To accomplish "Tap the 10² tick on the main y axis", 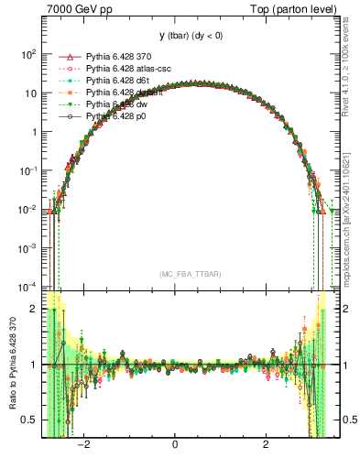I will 28,54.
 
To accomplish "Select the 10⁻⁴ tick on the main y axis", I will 28,286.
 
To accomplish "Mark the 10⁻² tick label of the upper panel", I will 28,209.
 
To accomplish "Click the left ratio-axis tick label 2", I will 34,310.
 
